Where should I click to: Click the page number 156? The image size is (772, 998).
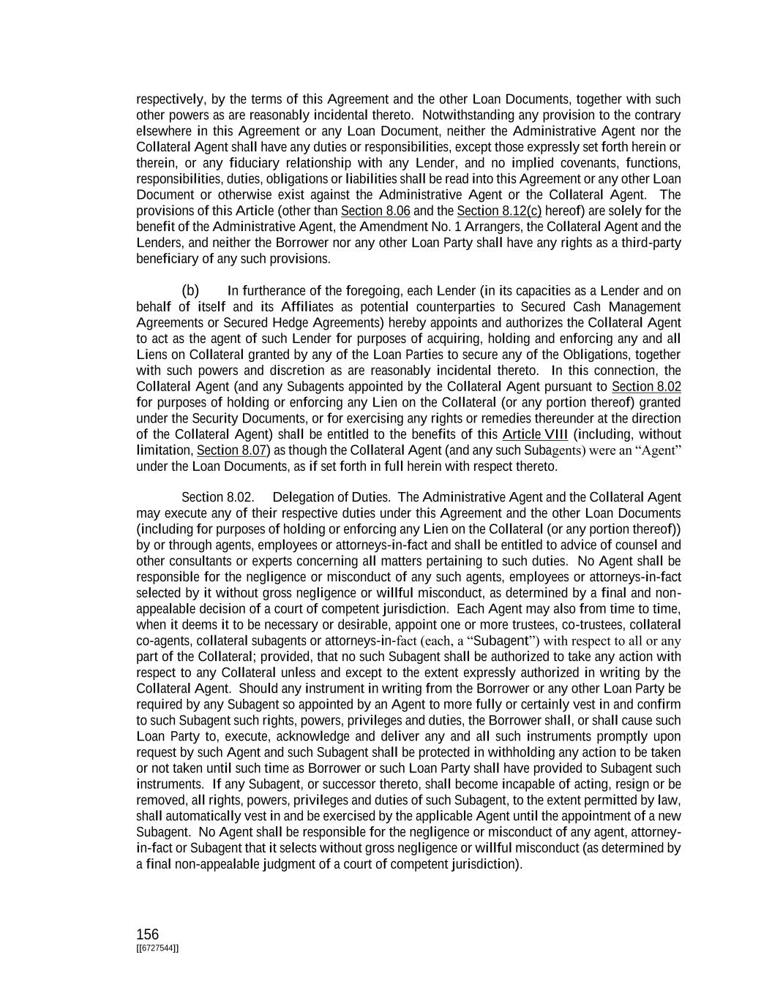coord(147,934)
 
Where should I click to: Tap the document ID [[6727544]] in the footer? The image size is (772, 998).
coord(157,948)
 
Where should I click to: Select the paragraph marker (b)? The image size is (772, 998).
coord(190,291)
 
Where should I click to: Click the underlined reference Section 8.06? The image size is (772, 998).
coord(375,211)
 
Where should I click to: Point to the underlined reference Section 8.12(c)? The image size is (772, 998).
coord(499,211)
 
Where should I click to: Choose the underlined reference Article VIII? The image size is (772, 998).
coord(535,434)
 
